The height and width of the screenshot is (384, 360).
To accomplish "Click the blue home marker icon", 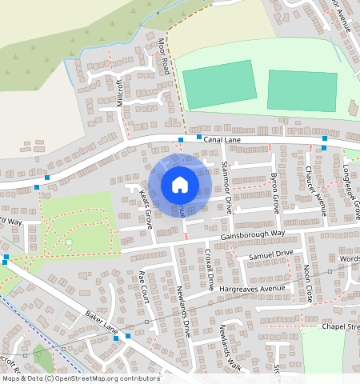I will point(180,185).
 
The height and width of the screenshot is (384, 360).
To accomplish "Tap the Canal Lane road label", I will point(222,139).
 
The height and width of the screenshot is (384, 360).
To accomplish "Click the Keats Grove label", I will point(146,210).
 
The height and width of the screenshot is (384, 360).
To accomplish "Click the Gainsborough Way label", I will point(254,234).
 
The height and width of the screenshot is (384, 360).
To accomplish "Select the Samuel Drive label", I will point(271,254).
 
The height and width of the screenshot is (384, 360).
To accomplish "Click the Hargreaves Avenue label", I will point(255,288).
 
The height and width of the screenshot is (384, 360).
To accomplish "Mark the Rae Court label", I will point(143,285).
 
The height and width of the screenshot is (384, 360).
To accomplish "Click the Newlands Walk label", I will point(220,341).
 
